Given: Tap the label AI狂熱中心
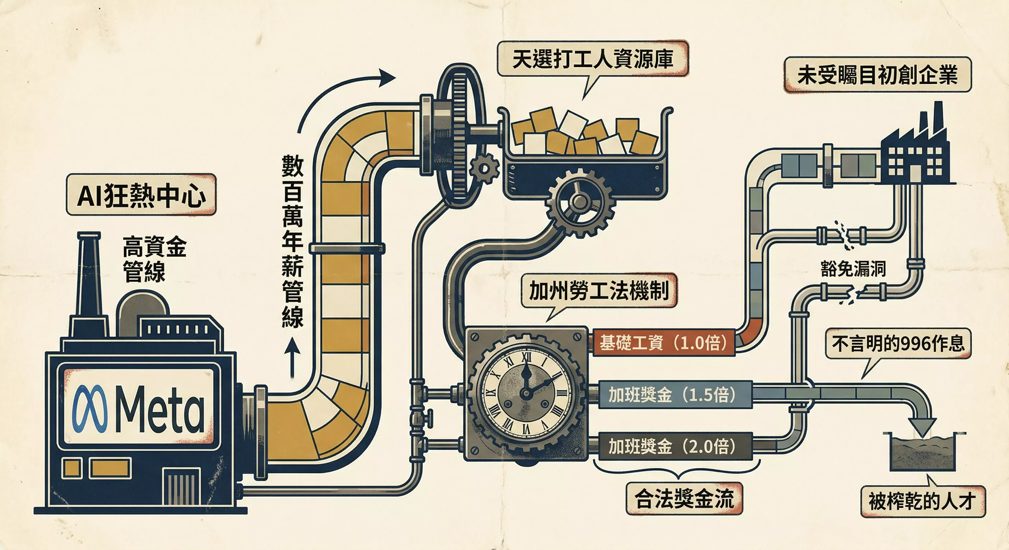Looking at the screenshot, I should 141,195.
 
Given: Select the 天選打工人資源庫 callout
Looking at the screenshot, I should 592,59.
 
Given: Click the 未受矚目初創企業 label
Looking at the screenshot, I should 878,75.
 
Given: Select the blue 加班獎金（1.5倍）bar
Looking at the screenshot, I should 675,395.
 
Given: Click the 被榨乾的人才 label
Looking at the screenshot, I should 922,501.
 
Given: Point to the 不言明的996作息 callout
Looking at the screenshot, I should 898,343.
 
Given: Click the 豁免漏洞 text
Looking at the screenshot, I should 853,269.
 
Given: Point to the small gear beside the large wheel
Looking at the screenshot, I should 484,168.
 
